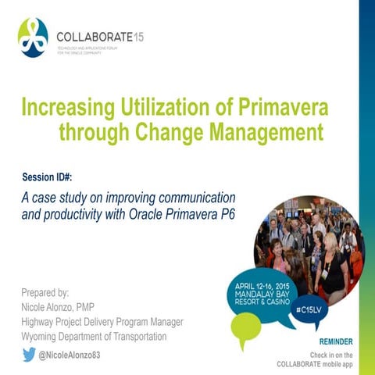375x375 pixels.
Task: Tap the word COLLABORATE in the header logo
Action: point(94,36)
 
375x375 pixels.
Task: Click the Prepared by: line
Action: point(45,293)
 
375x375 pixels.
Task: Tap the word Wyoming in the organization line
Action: point(45,337)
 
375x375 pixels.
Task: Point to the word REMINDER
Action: point(336,342)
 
